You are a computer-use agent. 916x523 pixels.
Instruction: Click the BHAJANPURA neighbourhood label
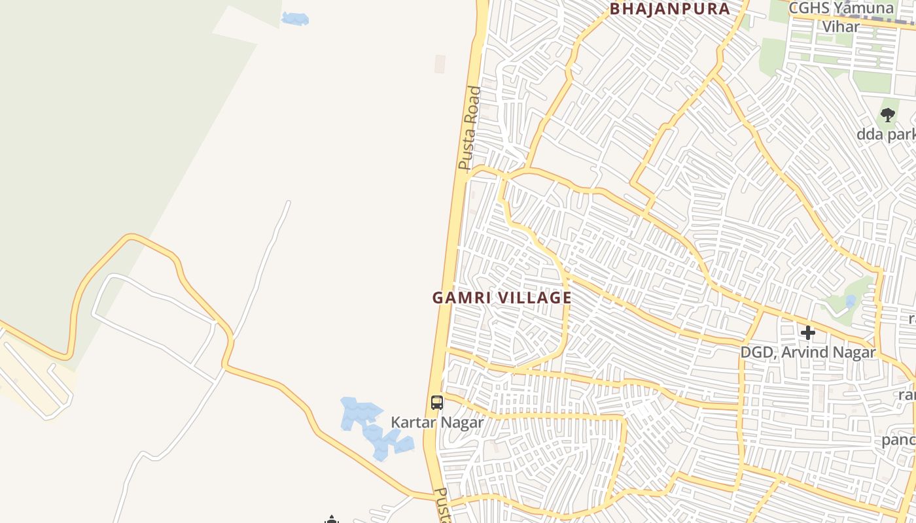[x=670, y=9]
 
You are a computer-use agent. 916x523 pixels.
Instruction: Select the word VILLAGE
[x=535, y=297]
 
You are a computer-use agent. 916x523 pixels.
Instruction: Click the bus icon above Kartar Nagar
[x=437, y=403]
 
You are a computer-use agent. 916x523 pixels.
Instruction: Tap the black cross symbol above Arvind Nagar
[x=808, y=333]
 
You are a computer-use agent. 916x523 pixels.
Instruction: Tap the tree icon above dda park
[x=887, y=116]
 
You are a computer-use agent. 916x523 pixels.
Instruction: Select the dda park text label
[x=886, y=135]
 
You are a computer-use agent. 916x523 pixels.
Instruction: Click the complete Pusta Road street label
[x=470, y=128]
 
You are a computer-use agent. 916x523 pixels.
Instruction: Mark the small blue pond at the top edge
[x=295, y=19]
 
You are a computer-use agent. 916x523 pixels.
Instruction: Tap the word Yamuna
[x=866, y=8]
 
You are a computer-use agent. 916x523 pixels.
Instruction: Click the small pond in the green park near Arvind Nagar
[x=850, y=301]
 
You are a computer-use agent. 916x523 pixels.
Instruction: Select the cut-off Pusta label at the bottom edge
[x=443, y=506]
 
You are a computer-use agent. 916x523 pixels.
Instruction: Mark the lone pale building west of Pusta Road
[x=440, y=63]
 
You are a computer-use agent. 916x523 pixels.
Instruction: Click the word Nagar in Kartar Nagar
[x=462, y=422]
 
